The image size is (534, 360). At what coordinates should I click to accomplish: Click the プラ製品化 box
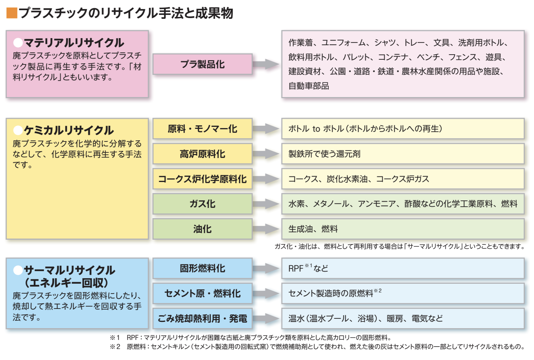click(202, 64)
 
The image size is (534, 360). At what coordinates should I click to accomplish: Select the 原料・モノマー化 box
click(202, 129)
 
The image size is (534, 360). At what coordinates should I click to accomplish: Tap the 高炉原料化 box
click(202, 154)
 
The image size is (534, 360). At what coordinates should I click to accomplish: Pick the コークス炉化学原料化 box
click(202, 179)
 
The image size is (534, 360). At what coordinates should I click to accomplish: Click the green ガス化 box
click(202, 204)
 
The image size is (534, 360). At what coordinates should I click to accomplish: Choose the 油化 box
click(202, 229)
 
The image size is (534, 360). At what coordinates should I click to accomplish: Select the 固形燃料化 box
click(202, 268)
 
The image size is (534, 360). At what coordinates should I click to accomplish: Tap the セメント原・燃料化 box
click(202, 293)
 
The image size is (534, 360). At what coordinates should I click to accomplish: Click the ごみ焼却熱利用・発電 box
click(202, 318)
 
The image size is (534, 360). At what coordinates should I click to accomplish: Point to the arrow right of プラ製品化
click(266, 64)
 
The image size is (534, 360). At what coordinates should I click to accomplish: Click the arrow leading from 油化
click(266, 229)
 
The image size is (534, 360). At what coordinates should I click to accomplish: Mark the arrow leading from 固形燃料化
click(266, 268)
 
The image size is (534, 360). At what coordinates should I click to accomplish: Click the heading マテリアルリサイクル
click(74, 42)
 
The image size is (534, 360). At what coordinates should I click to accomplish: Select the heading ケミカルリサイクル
click(68, 130)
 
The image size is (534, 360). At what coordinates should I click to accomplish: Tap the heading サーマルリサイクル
click(69, 270)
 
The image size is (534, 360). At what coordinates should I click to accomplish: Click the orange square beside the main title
click(12, 13)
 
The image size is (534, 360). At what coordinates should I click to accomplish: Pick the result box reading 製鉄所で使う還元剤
click(403, 154)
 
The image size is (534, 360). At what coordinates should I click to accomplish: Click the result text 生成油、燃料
click(313, 229)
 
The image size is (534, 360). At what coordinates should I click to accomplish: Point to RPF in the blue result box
click(296, 269)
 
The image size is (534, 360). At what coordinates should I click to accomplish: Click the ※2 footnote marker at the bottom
click(115, 347)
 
